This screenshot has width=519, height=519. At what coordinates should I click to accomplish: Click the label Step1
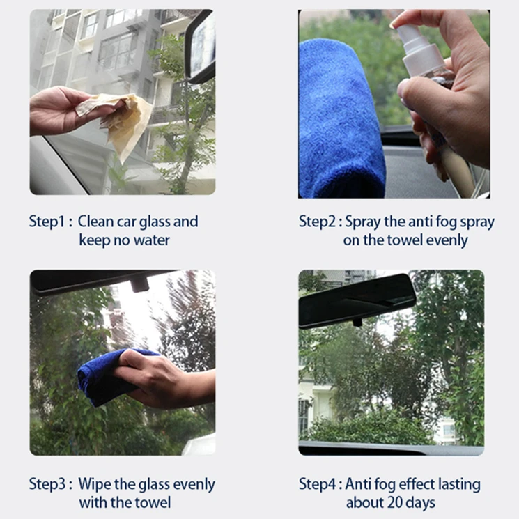(47, 221)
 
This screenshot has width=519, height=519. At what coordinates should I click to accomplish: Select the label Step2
(318, 221)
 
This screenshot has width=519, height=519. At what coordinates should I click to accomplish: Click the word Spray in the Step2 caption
(363, 222)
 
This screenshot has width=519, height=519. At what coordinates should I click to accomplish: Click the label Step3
(47, 483)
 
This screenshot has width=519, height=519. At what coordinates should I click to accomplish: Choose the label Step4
(318, 483)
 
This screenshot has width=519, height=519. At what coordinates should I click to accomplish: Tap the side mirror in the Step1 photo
(201, 46)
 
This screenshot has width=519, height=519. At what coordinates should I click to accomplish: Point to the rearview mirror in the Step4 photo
(357, 301)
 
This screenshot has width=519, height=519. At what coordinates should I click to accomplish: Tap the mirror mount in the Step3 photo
(139, 285)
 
